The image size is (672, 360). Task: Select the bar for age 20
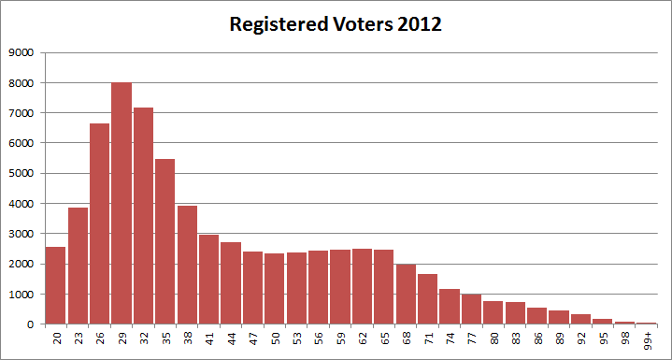click(56, 285)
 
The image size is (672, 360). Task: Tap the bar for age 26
click(100, 223)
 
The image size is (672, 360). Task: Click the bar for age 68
click(406, 294)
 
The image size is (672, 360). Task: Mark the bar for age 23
click(78, 266)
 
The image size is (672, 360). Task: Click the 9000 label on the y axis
click(21, 52)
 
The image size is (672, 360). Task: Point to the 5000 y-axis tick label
click(21, 173)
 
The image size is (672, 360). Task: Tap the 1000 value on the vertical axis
click(21, 294)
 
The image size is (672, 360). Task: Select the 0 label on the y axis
click(31, 324)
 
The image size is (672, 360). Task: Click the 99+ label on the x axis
click(648, 342)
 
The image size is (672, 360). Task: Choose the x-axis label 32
click(144, 340)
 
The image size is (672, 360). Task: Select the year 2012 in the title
click(418, 25)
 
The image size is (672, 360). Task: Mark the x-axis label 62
click(363, 340)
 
